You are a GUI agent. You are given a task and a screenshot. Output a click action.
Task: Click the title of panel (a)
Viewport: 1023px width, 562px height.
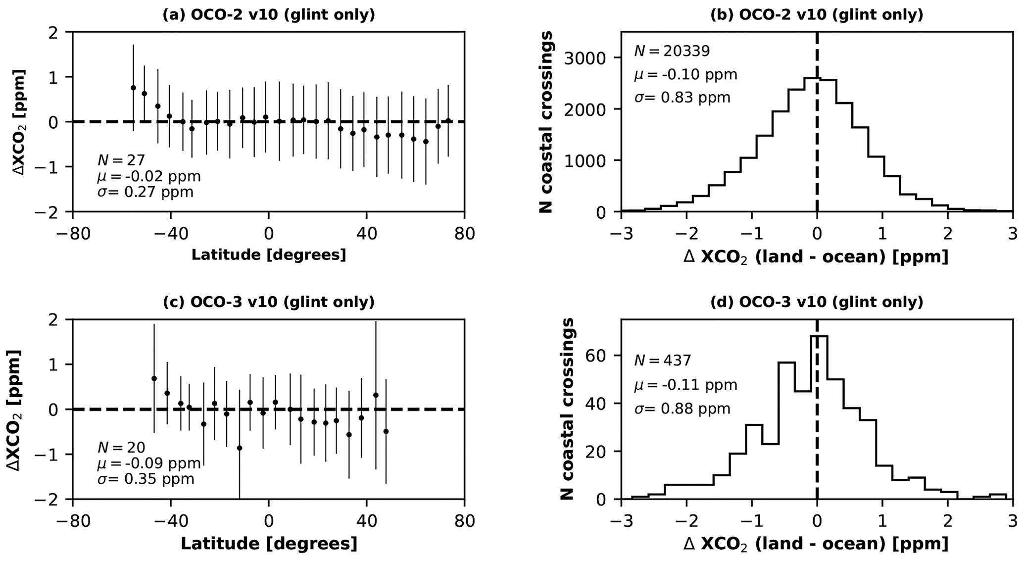click(269, 15)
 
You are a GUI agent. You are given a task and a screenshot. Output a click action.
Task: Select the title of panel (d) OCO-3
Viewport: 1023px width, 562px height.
click(817, 302)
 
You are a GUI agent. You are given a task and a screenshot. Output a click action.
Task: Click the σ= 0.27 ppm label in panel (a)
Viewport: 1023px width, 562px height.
click(146, 192)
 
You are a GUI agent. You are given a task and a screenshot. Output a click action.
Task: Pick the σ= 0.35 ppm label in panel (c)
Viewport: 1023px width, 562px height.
click(146, 479)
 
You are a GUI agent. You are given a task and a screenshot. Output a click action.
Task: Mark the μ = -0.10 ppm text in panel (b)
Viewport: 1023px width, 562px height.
click(685, 75)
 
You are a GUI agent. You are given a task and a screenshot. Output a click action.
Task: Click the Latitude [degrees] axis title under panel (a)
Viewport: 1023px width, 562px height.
click(269, 255)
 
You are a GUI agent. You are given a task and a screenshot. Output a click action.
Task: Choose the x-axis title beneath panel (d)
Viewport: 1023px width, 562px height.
click(817, 544)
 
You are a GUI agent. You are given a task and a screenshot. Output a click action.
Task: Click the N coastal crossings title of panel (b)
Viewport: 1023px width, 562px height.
click(546, 122)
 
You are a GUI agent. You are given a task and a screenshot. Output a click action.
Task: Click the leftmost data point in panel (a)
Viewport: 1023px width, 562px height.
click(133, 88)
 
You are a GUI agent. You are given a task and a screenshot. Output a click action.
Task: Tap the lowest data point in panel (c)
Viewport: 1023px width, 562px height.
click(240, 448)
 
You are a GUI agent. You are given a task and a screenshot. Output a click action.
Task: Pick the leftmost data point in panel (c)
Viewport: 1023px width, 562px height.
click(154, 378)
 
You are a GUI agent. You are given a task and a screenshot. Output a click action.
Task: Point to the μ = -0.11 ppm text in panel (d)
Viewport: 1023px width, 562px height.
click(685, 385)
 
